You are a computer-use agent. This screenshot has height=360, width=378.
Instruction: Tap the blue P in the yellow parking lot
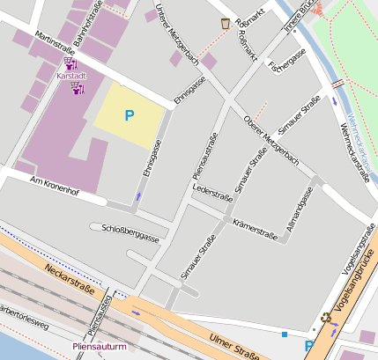pos(130,115)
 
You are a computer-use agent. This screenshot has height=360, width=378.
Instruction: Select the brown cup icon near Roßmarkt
pos(226,24)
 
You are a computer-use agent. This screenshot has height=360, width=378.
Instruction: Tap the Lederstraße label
pos(211,189)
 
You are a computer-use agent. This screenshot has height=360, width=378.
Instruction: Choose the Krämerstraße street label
pos(255,229)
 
